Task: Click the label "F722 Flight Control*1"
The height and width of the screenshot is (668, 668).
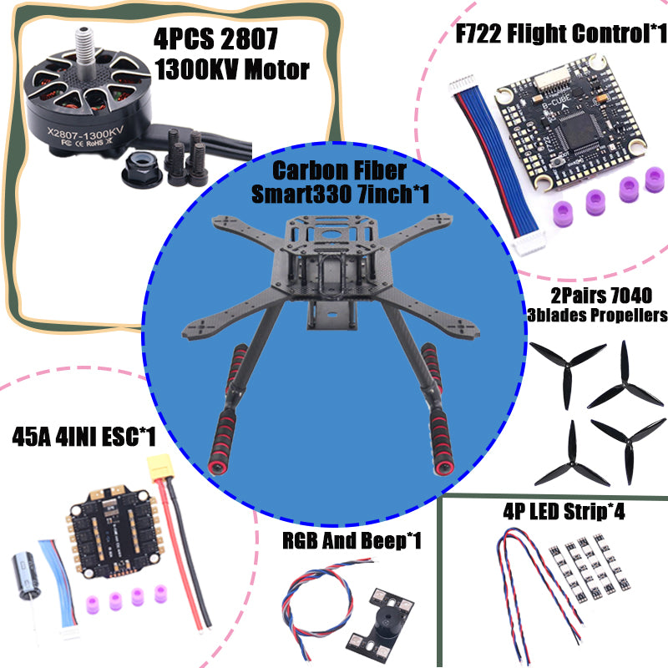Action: pyautogui.click(x=560, y=34)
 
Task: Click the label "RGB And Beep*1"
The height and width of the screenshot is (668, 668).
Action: pyautogui.click(x=351, y=542)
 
